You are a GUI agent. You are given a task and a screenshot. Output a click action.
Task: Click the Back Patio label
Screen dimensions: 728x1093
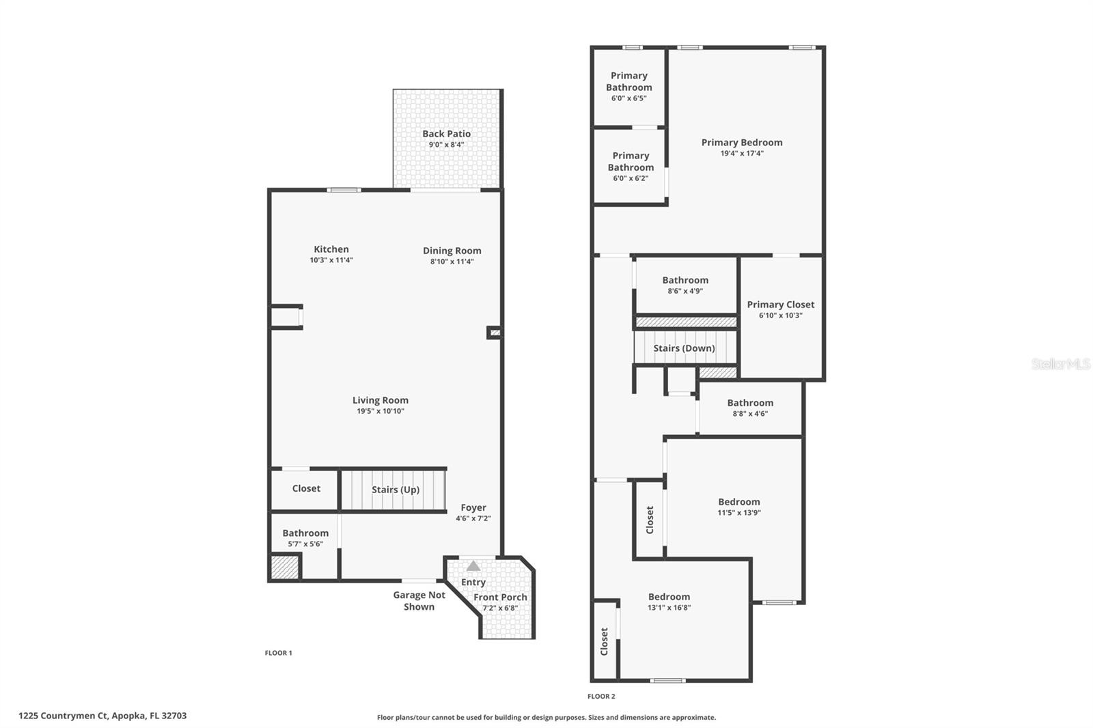pyautogui.click(x=446, y=134)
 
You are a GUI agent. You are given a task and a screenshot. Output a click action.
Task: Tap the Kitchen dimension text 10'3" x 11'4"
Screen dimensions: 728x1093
pyautogui.click(x=331, y=260)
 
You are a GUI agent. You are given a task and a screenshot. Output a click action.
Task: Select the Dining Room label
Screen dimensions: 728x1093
pyautogui.click(x=452, y=251)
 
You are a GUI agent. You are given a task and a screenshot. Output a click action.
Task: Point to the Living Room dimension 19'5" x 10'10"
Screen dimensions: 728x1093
pyautogui.click(x=381, y=411)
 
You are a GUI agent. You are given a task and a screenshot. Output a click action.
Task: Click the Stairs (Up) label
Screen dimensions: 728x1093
pyautogui.click(x=396, y=490)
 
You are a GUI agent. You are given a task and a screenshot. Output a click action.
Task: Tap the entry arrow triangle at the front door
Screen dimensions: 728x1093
pyautogui.click(x=473, y=566)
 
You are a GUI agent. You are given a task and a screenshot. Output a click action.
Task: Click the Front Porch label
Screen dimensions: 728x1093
pyautogui.click(x=500, y=597)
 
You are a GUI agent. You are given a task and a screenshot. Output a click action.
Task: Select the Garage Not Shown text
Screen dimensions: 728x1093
pyautogui.click(x=419, y=601)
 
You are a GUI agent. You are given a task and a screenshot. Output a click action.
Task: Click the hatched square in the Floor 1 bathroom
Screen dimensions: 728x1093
pyautogui.click(x=285, y=568)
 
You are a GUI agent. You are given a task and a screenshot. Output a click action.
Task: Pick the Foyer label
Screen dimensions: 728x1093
pyautogui.click(x=473, y=507)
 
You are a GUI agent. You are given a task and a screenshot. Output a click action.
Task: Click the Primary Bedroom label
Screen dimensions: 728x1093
pyautogui.click(x=742, y=143)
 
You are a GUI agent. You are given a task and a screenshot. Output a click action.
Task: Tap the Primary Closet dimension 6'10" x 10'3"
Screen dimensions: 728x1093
pyautogui.click(x=780, y=316)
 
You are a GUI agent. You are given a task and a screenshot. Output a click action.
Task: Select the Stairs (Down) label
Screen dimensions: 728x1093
pyautogui.click(x=684, y=348)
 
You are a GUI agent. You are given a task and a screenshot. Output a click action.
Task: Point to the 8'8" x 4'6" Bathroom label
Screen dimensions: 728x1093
pyautogui.click(x=750, y=403)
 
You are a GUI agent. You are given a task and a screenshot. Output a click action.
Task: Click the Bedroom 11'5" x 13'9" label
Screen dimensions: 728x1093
pyautogui.click(x=738, y=502)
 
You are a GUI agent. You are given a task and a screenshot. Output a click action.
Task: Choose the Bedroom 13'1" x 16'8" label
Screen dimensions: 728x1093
pyautogui.click(x=669, y=597)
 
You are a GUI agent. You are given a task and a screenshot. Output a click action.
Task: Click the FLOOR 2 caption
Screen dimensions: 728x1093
pyautogui.click(x=601, y=697)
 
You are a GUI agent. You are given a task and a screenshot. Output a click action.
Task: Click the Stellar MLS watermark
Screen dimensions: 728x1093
pyautogui.click(x=1061, y=364)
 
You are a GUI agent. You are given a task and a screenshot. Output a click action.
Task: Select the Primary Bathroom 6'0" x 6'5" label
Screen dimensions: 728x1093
pyautogui.click(x=628, y=81)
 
